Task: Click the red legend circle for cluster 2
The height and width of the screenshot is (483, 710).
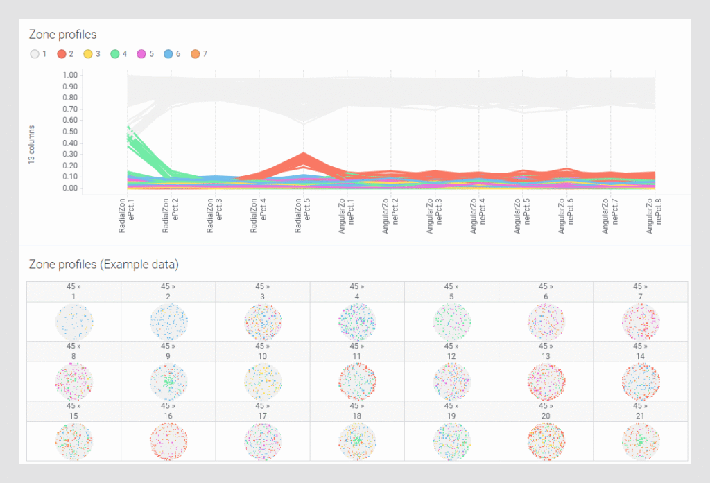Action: click(x=62, y=53)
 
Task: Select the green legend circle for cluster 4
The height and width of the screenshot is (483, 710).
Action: click(x=115, y=53)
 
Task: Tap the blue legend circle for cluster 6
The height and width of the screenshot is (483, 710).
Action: click(x=168, y=53)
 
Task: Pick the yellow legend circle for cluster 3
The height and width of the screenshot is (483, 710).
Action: click(x=88, y=53)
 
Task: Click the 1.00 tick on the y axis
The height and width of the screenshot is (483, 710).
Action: click(x=69, y=75)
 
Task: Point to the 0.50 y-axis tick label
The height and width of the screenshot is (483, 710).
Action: click(x=69, y=132)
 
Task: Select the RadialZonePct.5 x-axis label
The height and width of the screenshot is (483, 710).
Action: click(x=302, y=214)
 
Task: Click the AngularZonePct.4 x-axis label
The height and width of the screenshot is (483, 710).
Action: click(x=478, y=214)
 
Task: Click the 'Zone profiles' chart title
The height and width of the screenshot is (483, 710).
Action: click(x=62, y=34)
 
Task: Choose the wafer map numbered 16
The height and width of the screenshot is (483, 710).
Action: click(x=168, y=441)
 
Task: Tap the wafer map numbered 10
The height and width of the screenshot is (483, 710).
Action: click(x=262, y=382)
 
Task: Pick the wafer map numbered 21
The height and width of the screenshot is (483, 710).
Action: click(x=640, y=441)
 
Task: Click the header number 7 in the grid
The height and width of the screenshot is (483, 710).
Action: click(x=640, y=297)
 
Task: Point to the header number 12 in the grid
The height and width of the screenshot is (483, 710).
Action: click(x=451, y=356)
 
